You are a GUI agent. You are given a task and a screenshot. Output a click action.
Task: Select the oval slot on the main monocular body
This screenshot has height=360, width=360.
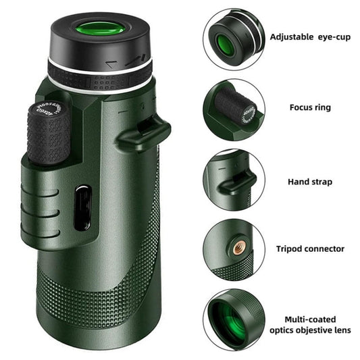coord(81,207)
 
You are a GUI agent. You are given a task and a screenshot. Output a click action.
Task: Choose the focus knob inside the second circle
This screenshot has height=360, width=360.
coord(237,107)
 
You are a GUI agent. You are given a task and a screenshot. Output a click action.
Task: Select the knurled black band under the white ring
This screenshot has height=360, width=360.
coord(101,81)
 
